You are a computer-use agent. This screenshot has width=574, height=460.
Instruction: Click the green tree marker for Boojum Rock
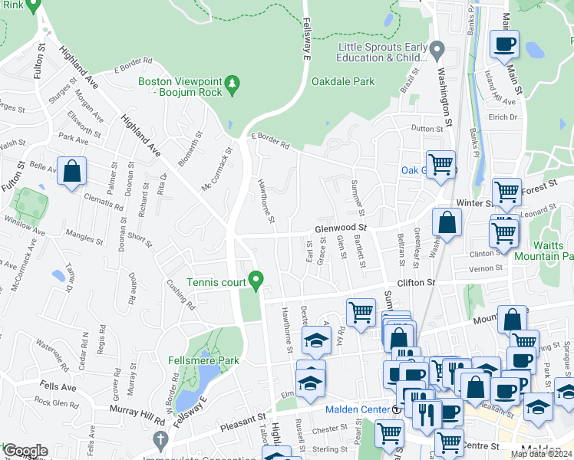(236, 81)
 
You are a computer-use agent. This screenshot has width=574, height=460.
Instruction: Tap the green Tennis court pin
(258, 281)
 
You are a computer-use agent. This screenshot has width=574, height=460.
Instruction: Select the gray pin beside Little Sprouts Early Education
(437, 51)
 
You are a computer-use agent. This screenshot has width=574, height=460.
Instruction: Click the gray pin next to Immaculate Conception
(160, 440)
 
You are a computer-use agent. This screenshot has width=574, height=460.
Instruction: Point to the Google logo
(25, 451)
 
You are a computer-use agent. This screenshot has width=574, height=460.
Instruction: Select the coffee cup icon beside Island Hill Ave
(504, 45)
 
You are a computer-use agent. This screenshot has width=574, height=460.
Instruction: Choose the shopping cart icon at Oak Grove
(440, 165)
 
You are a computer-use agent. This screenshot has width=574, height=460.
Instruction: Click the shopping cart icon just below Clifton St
(361, 313)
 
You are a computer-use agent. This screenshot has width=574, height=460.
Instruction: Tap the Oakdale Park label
(342, 80)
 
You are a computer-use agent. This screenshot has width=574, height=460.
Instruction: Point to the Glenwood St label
(341, 228)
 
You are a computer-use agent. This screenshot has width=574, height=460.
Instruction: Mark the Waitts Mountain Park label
(553, 251)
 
